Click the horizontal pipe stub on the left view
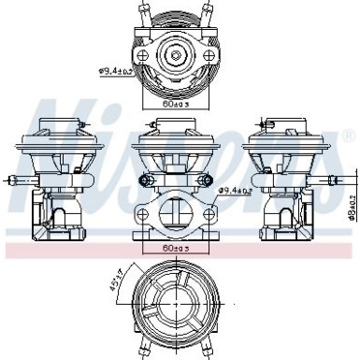click(x=9, y=177)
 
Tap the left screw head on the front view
click(x=144, y=179)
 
